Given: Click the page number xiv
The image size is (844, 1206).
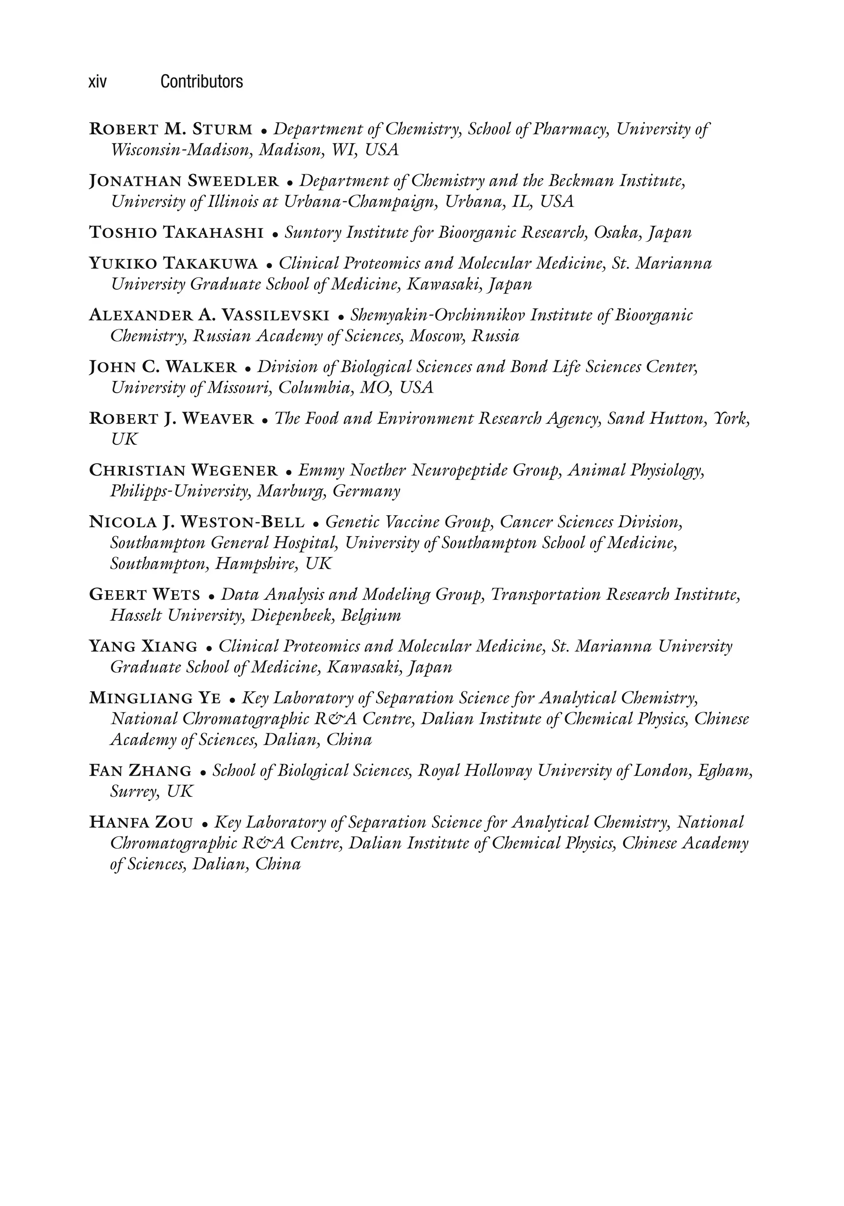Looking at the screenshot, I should click(x=98, y=82).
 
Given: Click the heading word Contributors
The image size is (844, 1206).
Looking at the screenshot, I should click(x=202, y=82).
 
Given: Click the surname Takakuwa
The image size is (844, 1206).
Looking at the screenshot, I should click(x=211, y=263).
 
